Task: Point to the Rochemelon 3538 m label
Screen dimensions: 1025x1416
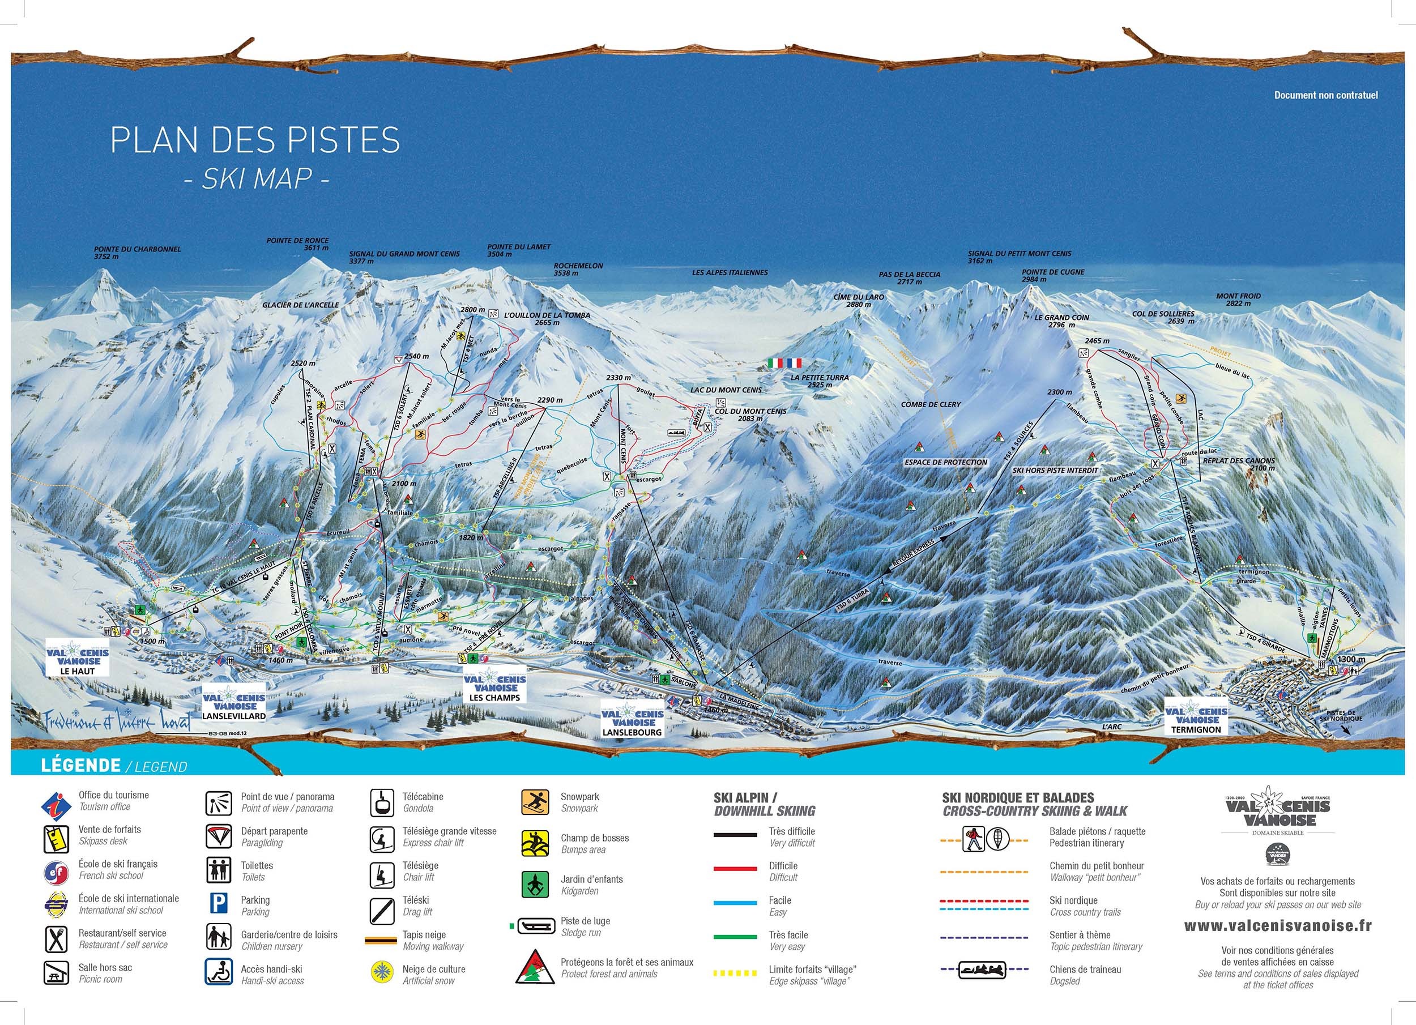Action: (x=578, y=269)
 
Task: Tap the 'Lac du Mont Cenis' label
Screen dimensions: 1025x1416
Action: (x=725, y=390)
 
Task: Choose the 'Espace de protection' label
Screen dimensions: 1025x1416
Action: (x=946, y=462)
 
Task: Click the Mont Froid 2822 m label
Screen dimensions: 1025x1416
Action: (x=1233, y=300)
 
